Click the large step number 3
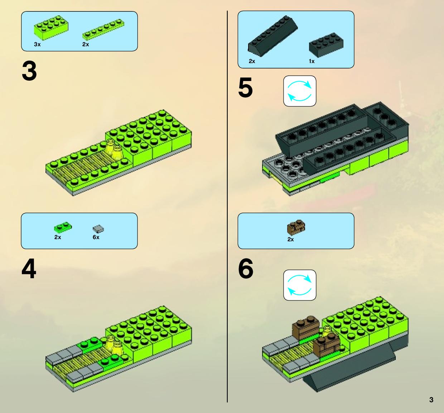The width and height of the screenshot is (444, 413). click(x=29, y=71)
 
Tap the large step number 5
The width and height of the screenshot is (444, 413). click(x=246, y=87)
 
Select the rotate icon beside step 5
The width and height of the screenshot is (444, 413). click(x=300, y=91)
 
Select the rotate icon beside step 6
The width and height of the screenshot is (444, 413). click(x=300, y=285)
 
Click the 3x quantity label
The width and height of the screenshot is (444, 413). click(x=37, y=44)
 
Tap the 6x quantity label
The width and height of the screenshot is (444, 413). click(x=96, y=237)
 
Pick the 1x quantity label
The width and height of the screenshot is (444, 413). click(x=312, y=61)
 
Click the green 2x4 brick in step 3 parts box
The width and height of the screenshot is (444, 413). click(x=51, y=28)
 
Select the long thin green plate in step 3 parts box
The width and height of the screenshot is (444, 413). click(x=103, y=29)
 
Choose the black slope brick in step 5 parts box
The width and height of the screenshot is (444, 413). click(x=273, y=36)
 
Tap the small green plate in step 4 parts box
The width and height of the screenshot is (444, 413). click(x=63, y=227)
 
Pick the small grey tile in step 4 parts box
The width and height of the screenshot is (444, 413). click(x=98, y=229)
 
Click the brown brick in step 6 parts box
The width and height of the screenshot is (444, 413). click(x=296, y=227)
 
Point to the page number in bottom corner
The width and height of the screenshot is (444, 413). click(x=431, y=400)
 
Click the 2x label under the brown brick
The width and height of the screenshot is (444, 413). click(x=290, y=239)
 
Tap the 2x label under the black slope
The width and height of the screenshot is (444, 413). click(x=252, y=61)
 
